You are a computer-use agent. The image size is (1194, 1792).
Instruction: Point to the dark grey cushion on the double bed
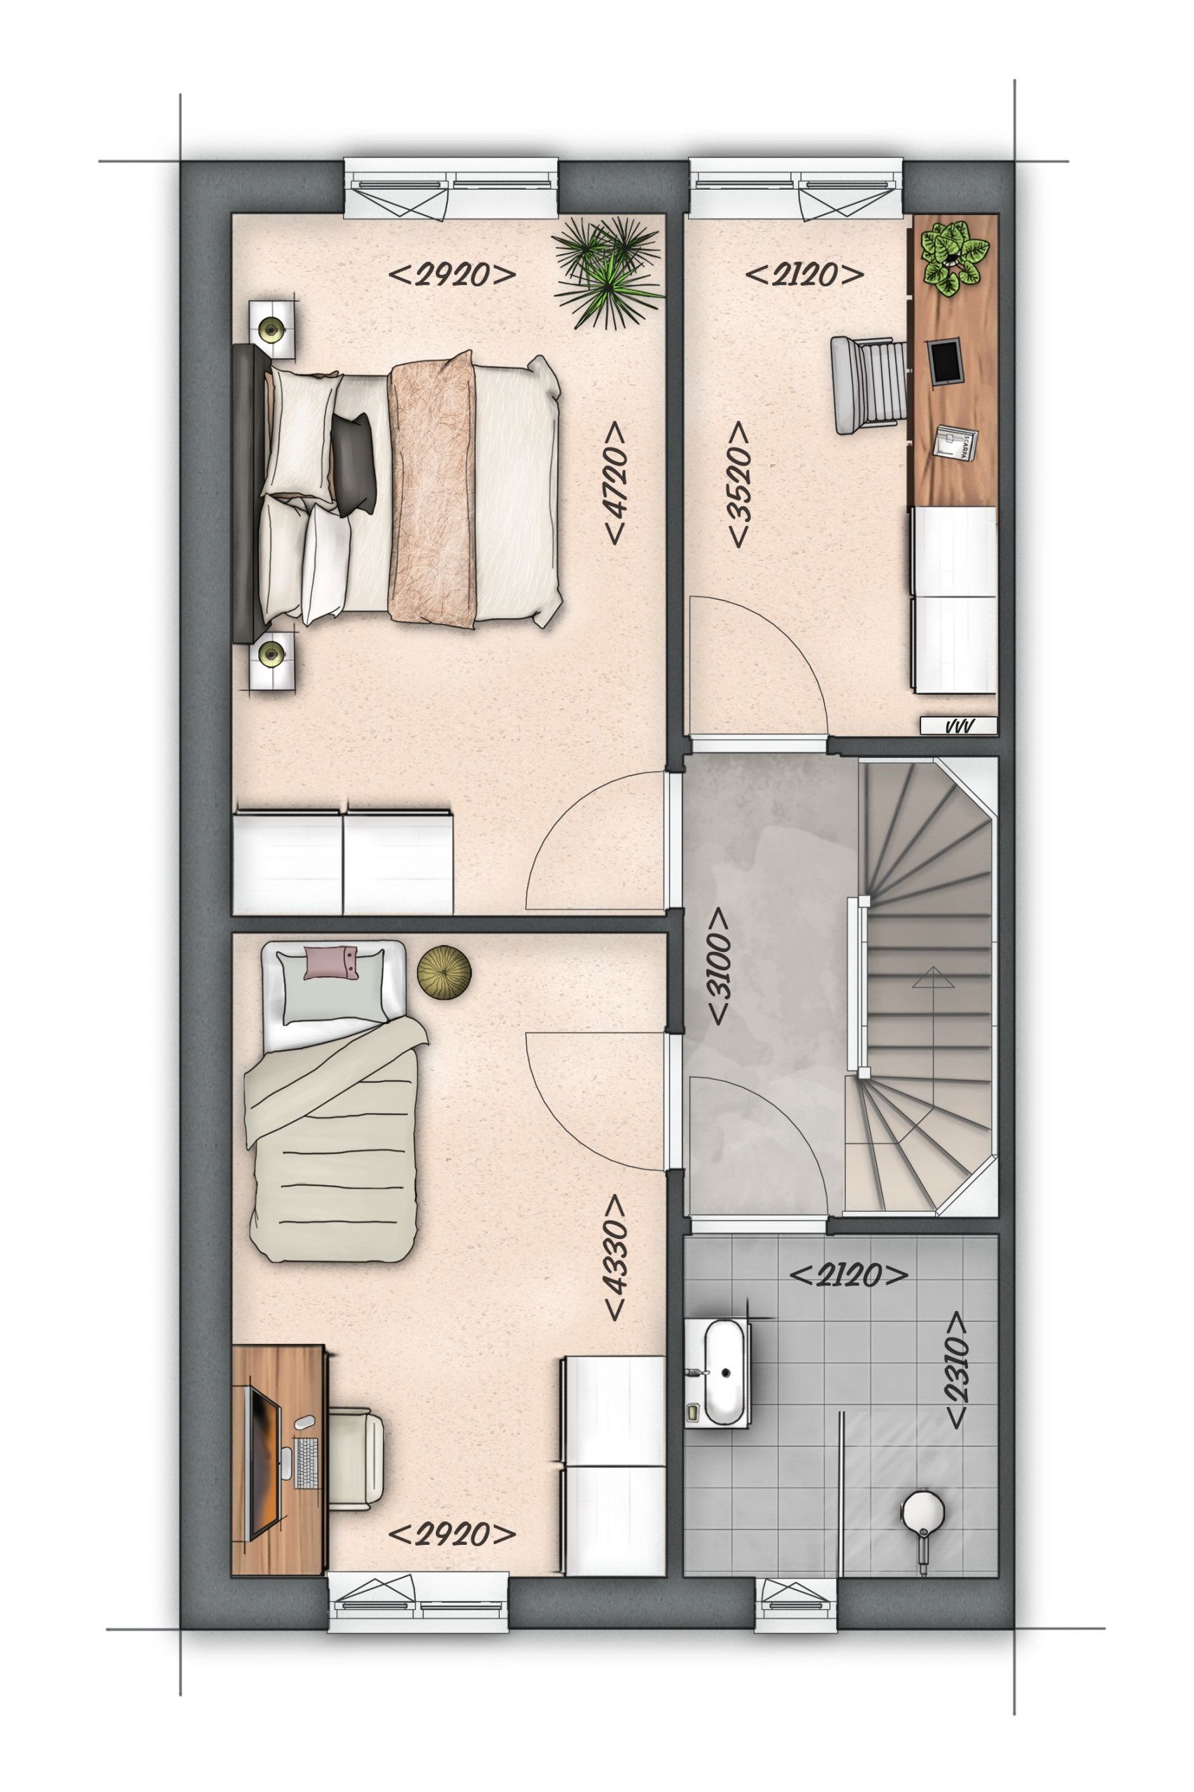(354, 462)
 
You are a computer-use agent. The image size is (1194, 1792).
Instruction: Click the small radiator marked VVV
(957, 727)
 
